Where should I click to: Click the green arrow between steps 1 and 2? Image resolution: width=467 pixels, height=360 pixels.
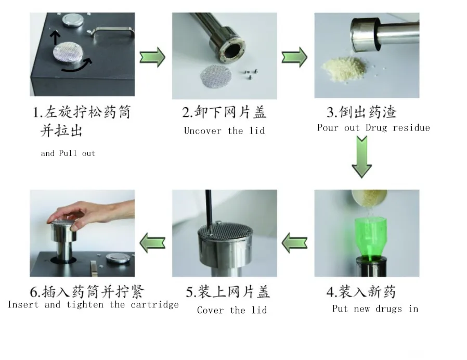point(152,57)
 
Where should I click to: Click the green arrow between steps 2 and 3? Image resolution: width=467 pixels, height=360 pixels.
point(294,57)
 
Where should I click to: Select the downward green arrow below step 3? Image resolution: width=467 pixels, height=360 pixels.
point(361,157)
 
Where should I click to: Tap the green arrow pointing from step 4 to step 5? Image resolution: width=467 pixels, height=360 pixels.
point(294,242)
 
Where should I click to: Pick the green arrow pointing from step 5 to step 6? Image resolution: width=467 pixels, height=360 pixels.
point(152,242)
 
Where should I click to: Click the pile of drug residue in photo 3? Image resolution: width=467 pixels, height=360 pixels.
point(344,68)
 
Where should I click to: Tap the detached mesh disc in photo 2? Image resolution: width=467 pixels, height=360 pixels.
point(215,76)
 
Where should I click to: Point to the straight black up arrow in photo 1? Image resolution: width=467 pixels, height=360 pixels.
point(55,38)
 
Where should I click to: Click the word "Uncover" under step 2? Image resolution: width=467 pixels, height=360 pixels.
point(202,131)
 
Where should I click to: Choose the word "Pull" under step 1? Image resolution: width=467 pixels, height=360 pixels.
point(68,153)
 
